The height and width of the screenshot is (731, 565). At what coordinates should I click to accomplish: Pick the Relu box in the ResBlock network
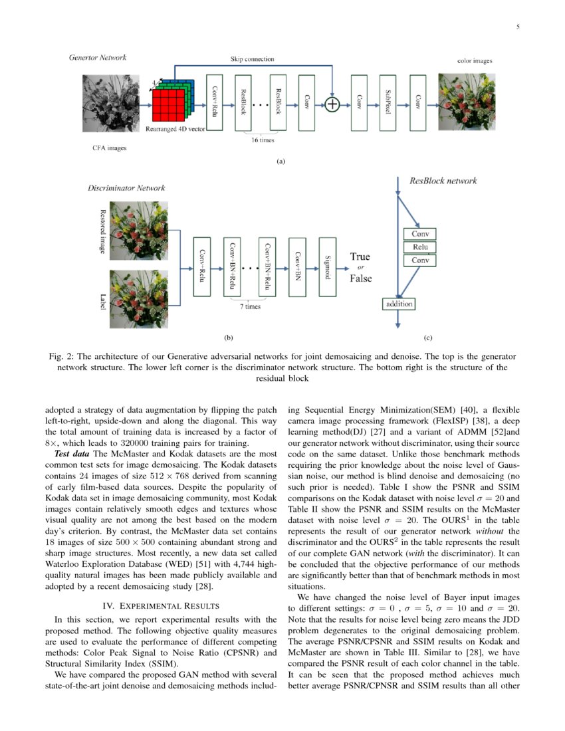point(419,247)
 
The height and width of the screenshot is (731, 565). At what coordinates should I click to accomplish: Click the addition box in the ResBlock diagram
point(398,304)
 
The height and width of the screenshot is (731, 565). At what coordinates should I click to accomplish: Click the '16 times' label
point(262,140)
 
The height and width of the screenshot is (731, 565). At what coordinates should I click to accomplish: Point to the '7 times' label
point(250,306)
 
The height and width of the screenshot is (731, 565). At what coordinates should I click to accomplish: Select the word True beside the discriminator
point(360,257)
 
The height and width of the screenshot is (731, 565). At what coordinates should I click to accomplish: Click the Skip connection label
point(252,59)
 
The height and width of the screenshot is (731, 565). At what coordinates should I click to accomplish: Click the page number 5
point(517,27)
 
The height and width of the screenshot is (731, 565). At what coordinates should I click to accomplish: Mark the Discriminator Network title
point(126,188)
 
